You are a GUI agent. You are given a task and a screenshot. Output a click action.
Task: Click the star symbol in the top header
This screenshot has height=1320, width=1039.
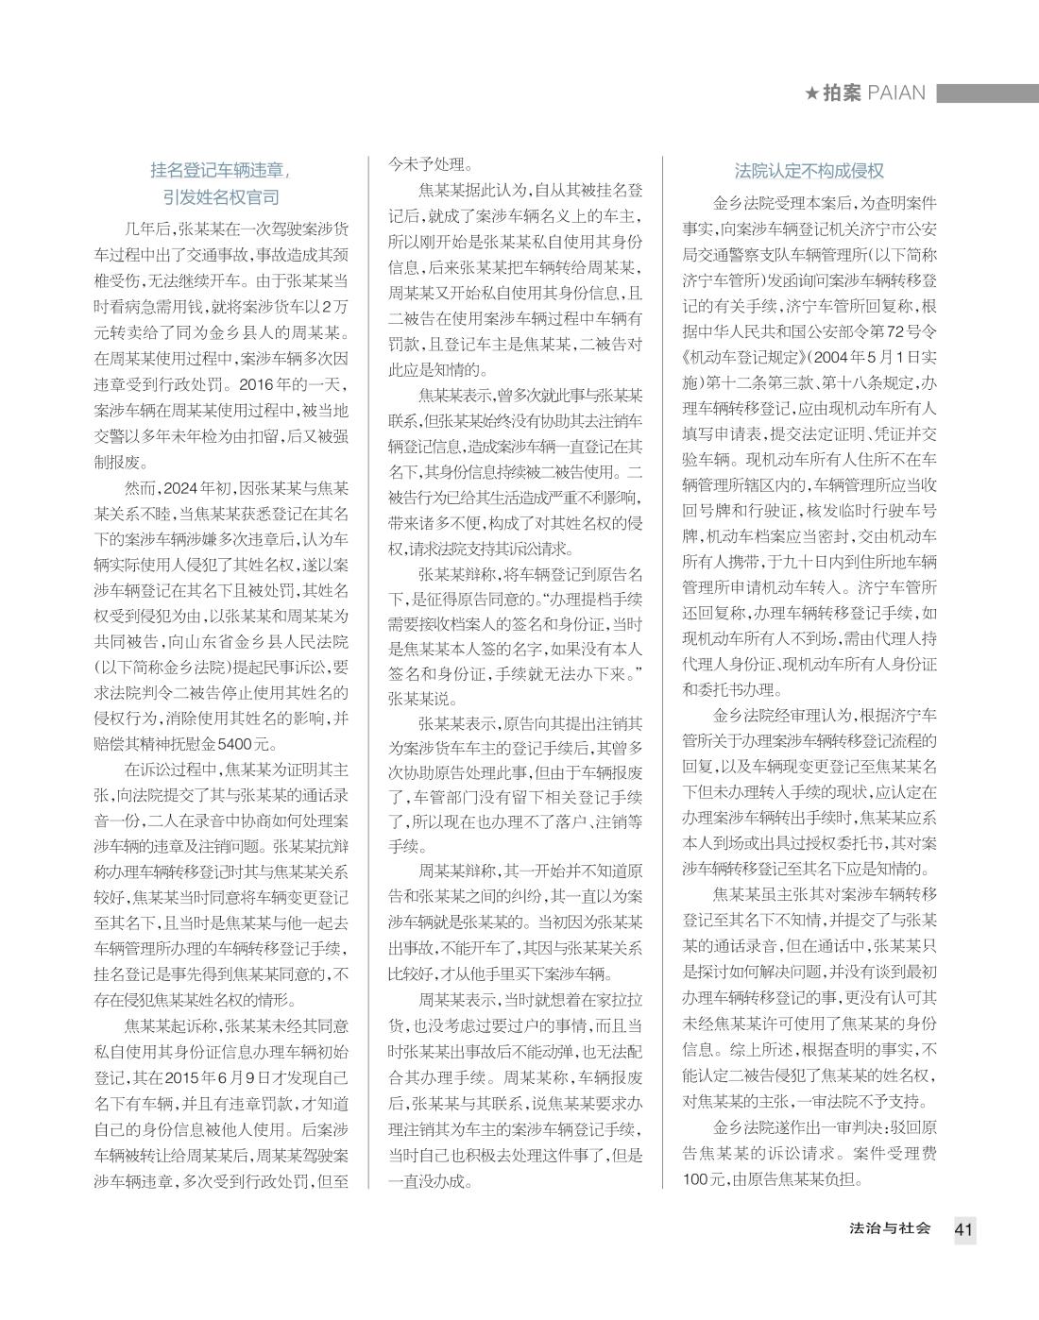pos(811,94)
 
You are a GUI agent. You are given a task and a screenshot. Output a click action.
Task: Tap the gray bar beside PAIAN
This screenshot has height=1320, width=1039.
pos(986,94)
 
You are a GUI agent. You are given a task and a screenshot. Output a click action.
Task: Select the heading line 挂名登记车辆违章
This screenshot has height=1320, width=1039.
pos(220,171)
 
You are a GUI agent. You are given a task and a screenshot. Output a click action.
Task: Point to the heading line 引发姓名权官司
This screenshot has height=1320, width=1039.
pos(220,197)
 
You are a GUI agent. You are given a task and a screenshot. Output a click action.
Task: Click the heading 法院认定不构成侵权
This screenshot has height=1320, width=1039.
pos(809,171)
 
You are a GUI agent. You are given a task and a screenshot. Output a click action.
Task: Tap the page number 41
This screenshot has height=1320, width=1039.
pos(963,1229)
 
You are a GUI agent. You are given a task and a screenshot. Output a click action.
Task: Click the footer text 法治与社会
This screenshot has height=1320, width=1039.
pos(890,1228)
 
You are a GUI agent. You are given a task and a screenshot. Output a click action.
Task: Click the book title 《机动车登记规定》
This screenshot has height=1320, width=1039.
pos(743,360)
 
